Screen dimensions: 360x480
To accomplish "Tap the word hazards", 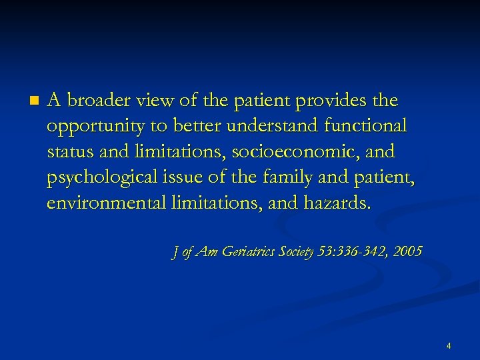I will pos(336,203).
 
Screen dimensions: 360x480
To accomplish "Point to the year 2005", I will pos(407,251).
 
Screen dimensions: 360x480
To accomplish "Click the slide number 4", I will pos(449,346).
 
